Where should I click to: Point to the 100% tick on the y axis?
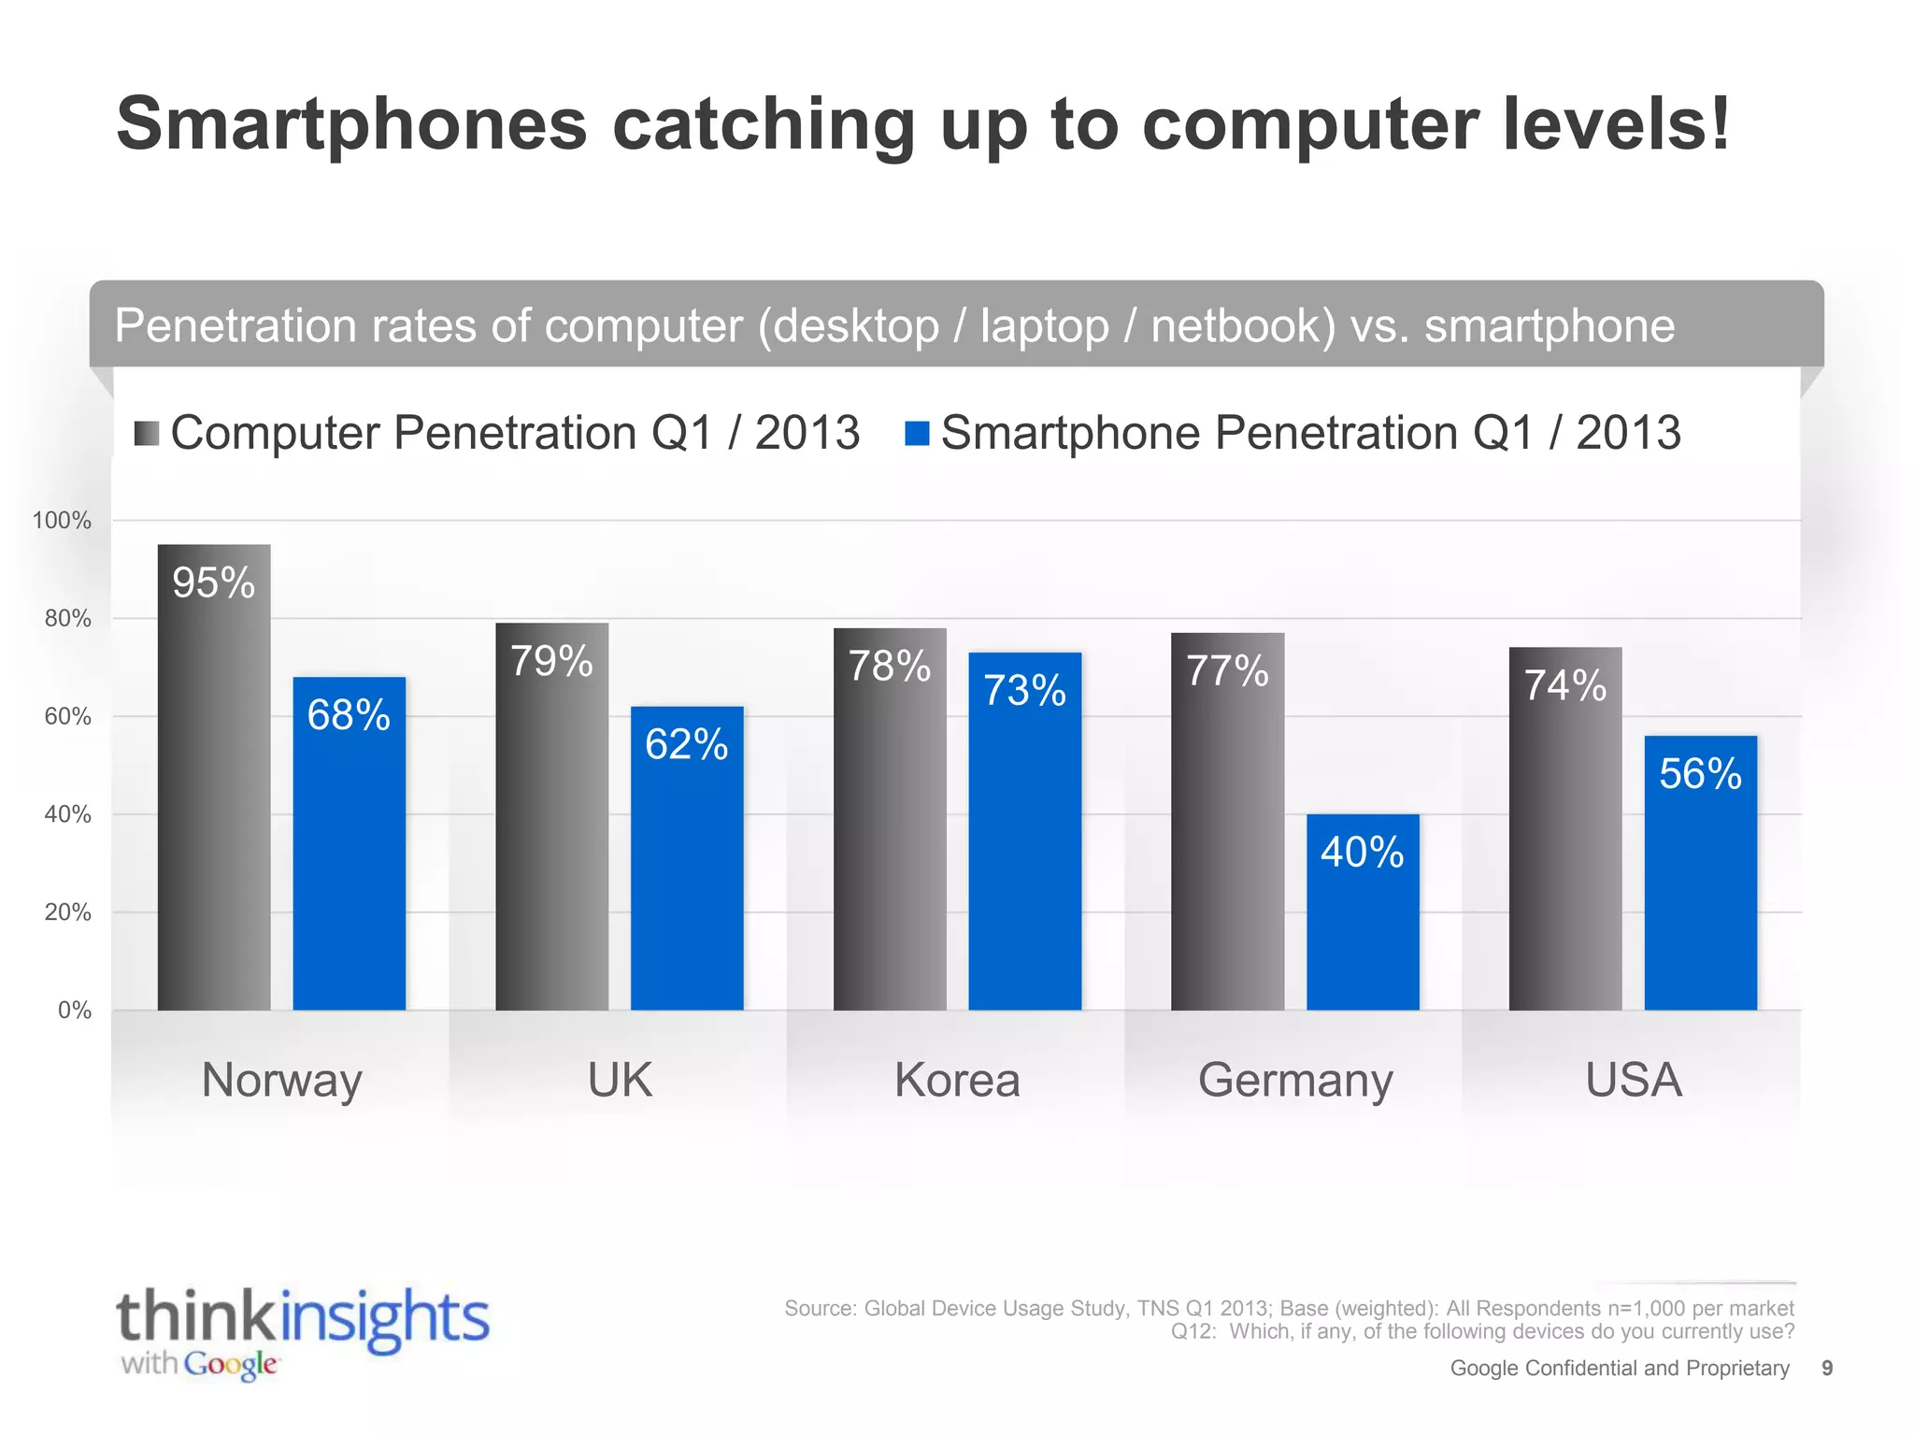[x=62, y=521]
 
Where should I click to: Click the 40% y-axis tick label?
[x=67, y=814]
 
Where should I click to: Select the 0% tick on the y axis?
[x=74, y=1011]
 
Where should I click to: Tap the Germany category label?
[x=1295, y=1081]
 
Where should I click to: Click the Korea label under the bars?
[x=957, y=1081]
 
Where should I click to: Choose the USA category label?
[x=1634, y=1081]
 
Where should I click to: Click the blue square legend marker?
[x=917, y=434]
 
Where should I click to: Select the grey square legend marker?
[x=147, y=434]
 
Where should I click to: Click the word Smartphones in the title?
[x=351, y=124]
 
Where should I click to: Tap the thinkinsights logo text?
[x=302, y=1317]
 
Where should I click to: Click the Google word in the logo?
[x=231, y=1365]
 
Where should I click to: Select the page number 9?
[x=1827, y=1369]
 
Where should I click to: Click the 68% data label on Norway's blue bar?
[x=349, y=715]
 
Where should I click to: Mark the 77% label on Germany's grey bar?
[x=1227, y=671]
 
